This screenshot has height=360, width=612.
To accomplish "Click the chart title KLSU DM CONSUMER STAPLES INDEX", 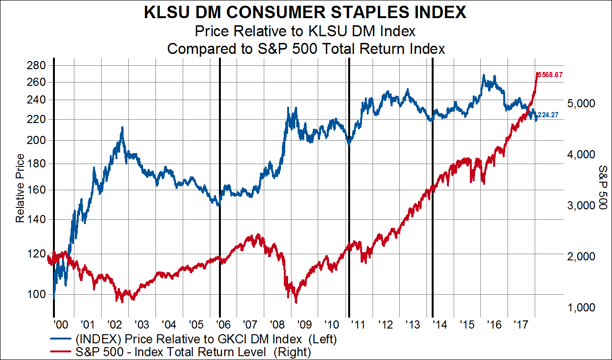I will click(x=306, y=12).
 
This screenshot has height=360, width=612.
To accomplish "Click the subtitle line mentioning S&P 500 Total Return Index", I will click(x=306, y=49).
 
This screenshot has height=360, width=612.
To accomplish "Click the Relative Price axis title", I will click(x=20, y=188).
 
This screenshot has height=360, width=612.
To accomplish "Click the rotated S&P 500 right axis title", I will click(x=602, y=187).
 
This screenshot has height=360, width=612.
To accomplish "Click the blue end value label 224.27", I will click(x=549, y=115).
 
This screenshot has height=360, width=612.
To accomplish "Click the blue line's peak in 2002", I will click(x=122, y=128).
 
